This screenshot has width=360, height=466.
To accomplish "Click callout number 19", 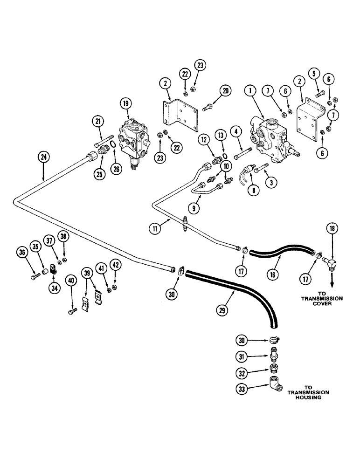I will (126, 103).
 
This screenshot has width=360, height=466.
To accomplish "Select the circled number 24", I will (43, 158).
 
